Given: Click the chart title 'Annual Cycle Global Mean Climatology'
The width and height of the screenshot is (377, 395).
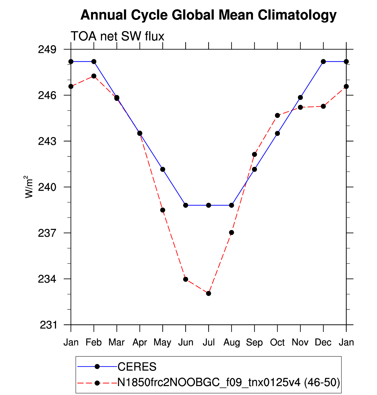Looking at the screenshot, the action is point(208,15).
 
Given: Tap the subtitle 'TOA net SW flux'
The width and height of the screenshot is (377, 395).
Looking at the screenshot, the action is point(117,36).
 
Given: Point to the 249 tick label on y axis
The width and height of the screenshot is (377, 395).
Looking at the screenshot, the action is point(47,50).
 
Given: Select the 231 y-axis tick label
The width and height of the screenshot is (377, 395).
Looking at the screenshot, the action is point(48,325).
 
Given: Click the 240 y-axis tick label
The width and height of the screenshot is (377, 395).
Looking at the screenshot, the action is point(47,187).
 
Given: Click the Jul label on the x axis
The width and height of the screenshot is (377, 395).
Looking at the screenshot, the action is point(209,342).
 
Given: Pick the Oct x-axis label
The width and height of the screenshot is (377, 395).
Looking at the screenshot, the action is point(277,342).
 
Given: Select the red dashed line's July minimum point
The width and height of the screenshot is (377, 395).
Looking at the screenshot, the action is point(209,294).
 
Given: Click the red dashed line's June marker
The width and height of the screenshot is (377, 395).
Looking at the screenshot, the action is point(186,279).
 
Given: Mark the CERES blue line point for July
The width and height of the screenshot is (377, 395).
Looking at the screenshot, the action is point(209,205).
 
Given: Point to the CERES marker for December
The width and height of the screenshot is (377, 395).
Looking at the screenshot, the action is point(323,62).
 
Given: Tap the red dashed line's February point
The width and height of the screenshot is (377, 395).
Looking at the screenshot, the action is point(94,76).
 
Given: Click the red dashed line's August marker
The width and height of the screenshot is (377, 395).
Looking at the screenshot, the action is point(231,232).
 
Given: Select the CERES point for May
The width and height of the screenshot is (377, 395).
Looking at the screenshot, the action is point(163,169).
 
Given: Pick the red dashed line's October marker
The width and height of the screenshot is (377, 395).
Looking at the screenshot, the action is point(278,115).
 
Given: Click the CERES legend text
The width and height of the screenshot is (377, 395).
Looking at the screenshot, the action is point(137,367).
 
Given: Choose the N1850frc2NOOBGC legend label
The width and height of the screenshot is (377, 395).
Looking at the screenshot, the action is point(229,383).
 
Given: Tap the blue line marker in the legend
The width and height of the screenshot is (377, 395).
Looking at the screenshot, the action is point(97,367).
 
